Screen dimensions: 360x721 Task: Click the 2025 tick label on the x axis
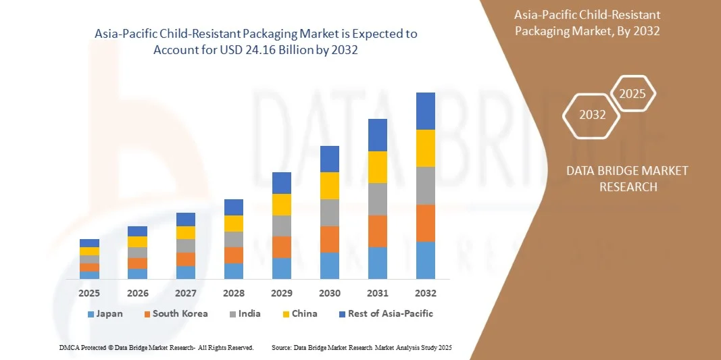pos(89,293)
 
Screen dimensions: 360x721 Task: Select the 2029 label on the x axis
pos(282,293)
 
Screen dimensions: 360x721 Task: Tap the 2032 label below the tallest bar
pos(426,293)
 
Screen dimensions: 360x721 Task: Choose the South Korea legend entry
pos(175,314)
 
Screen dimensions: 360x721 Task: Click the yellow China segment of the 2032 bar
pos(426,148)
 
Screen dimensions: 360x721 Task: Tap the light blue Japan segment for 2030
pos(329,265)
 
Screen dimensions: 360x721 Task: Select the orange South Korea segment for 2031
pos(378,231)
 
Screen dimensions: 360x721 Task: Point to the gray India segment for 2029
pos(282,226)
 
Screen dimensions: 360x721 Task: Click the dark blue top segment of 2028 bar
pos(234,207)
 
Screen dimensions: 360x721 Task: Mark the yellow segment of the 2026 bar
pos(137,242)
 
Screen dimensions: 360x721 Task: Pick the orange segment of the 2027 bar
pos(186,259)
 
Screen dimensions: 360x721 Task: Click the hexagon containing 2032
pos(592,115)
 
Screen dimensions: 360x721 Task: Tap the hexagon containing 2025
pos(632,94)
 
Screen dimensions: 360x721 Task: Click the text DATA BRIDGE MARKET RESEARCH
pos(628,178)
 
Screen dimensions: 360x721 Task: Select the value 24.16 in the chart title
pos(272,50)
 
